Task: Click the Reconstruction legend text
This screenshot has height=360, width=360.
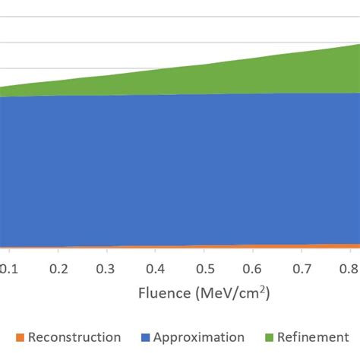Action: [x=74, y=337]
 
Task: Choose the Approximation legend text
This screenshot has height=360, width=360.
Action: [x=200, y=337]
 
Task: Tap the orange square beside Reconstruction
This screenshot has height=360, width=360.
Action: [x=20, y=338]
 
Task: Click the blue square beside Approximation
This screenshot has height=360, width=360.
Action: [x=145, y=338]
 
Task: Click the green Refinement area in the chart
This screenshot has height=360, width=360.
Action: [x=304, y=72]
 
